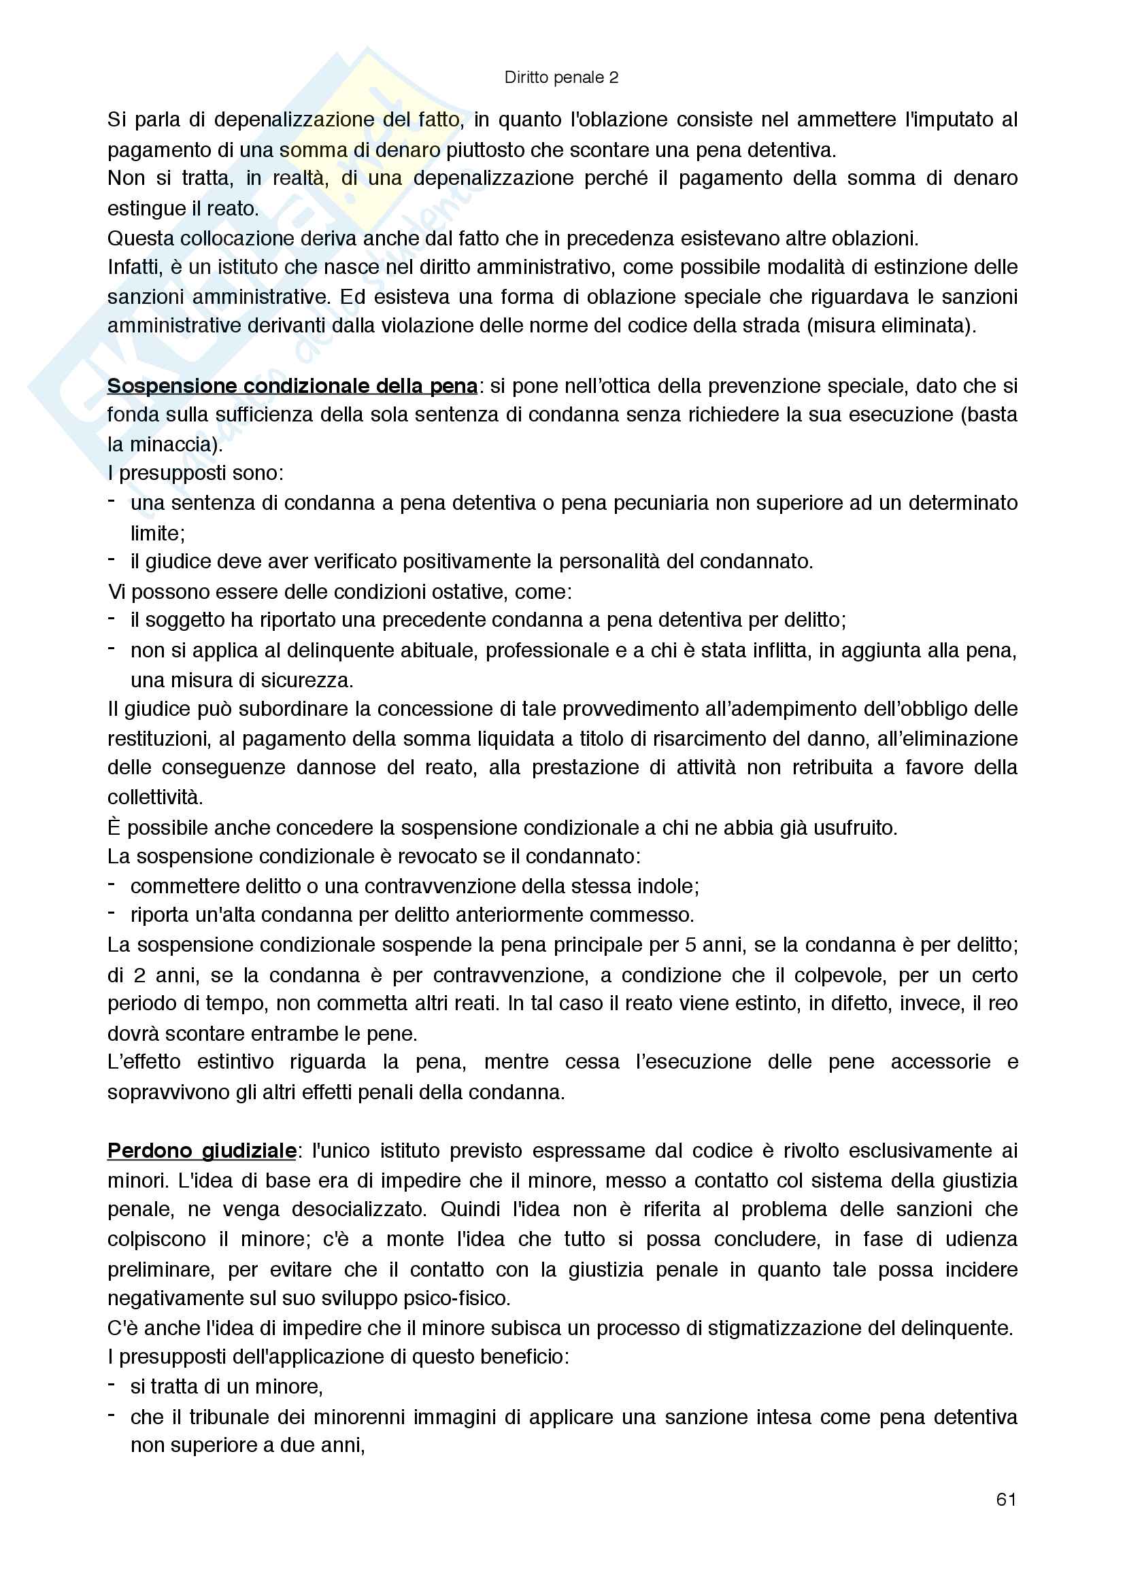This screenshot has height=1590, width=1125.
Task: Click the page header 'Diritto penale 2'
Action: pyautogui.click(x=561, y=77)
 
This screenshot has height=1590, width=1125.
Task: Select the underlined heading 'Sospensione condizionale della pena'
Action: pyautogui.click(x=292, y=385)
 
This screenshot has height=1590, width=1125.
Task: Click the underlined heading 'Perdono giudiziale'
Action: pyautogui.click(x=201, y=1151)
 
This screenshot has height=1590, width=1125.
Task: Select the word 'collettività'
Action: pyautogui.click(x=154, y=797)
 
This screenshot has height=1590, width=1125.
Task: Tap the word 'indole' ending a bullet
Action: pyautogui.click(x=668, y=886)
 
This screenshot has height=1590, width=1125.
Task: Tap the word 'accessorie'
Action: pyautogui.click(x=940, y=1062)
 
